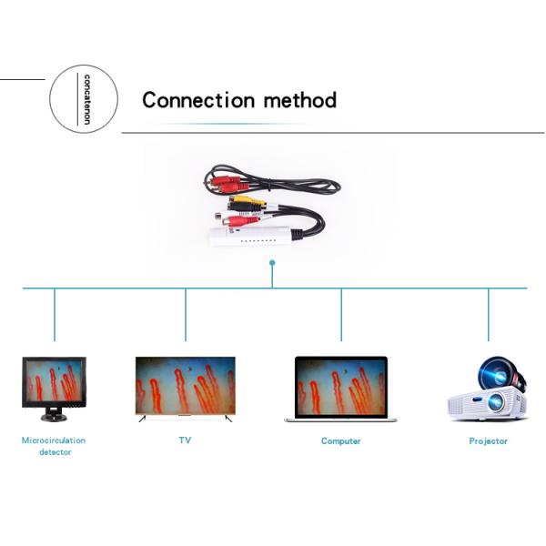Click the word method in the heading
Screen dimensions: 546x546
pyautogui.click(x=300, y=100)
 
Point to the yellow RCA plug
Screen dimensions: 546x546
pyautogui.click(x=248, y=202)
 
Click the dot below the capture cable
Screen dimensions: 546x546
pyautogui.click(x=272, y=263)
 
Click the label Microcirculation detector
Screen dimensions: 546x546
pyautogui.click(x=54, y=446)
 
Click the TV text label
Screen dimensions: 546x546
pyautogui.click(x=186, y=440)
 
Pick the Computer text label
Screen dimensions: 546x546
pyautogui.click(x=340, y=441)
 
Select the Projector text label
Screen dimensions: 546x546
pyautogui.click(x=489, y=441)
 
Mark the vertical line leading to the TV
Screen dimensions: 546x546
pyautogui.click(x=186, y=314)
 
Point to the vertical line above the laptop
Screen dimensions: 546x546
pyautogui.click(x=341, y=314)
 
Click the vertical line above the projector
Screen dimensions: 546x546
pyautogui.click(x=489, y=314)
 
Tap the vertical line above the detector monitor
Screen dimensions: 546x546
pyautogui.click(x=55, y=314)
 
